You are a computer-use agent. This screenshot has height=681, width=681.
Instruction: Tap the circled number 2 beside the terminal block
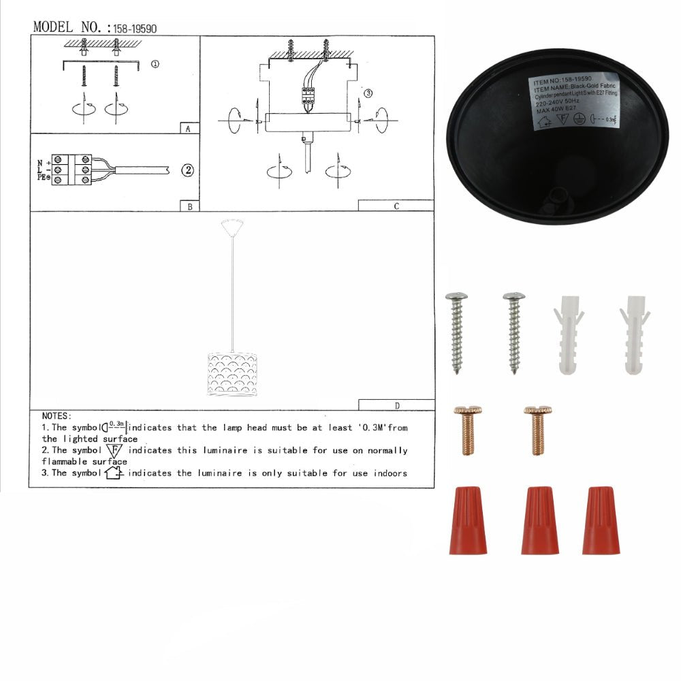[x=188, y=170]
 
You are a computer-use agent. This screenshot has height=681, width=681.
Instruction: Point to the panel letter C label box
[x=396, y=206]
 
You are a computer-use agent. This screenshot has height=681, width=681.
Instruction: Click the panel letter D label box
[x=396, y=405]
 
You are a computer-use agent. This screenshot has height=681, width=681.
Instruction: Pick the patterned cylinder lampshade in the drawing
[x=232, y=374]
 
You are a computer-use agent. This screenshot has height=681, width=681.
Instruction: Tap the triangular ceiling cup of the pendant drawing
[x=233, y=225]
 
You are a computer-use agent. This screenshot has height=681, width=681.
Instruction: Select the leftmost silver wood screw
[x=456, y=332]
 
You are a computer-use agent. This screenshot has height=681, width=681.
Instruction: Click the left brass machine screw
[x=467, y=430]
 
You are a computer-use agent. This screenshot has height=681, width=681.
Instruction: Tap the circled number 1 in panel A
[x=155, y=65]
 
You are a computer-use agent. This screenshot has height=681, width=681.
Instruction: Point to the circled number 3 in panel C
[x=368, y=93]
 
